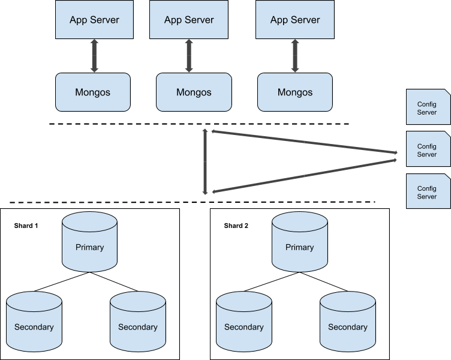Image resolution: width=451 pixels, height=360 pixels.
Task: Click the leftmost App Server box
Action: [94, 20]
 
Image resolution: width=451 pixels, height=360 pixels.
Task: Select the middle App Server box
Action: [189, 20]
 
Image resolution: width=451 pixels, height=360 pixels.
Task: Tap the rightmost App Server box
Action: [294, 20]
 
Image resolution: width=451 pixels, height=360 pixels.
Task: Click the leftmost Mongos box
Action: [93, 92]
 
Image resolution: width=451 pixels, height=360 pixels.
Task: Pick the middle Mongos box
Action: [194, 92]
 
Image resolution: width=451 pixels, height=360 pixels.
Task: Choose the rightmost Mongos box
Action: [294, 92]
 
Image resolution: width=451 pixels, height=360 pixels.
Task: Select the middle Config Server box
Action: [428, 149]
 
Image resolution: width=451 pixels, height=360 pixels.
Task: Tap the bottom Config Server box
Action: [428, 191]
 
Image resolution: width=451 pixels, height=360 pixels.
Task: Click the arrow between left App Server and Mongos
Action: [94, 56]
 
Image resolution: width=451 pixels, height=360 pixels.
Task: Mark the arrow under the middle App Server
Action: [189, 56]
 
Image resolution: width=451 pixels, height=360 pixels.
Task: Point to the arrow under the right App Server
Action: [294, 56]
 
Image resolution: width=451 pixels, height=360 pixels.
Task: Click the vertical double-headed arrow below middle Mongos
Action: [205, 162]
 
